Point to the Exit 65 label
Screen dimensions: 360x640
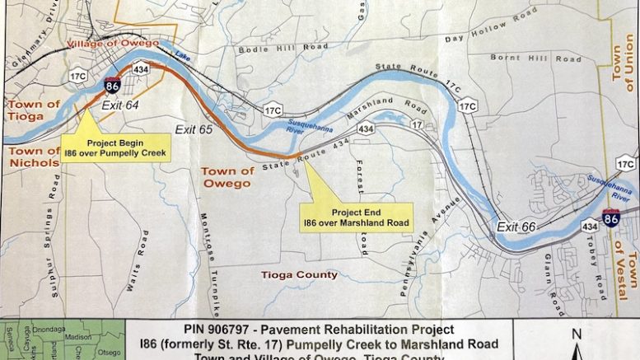(194, 129)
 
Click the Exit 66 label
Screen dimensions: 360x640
(516, 226)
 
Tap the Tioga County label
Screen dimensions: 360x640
(299, 274)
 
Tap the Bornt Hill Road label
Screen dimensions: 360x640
(524, 58)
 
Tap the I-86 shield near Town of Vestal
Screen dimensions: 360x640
(610, 218)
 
